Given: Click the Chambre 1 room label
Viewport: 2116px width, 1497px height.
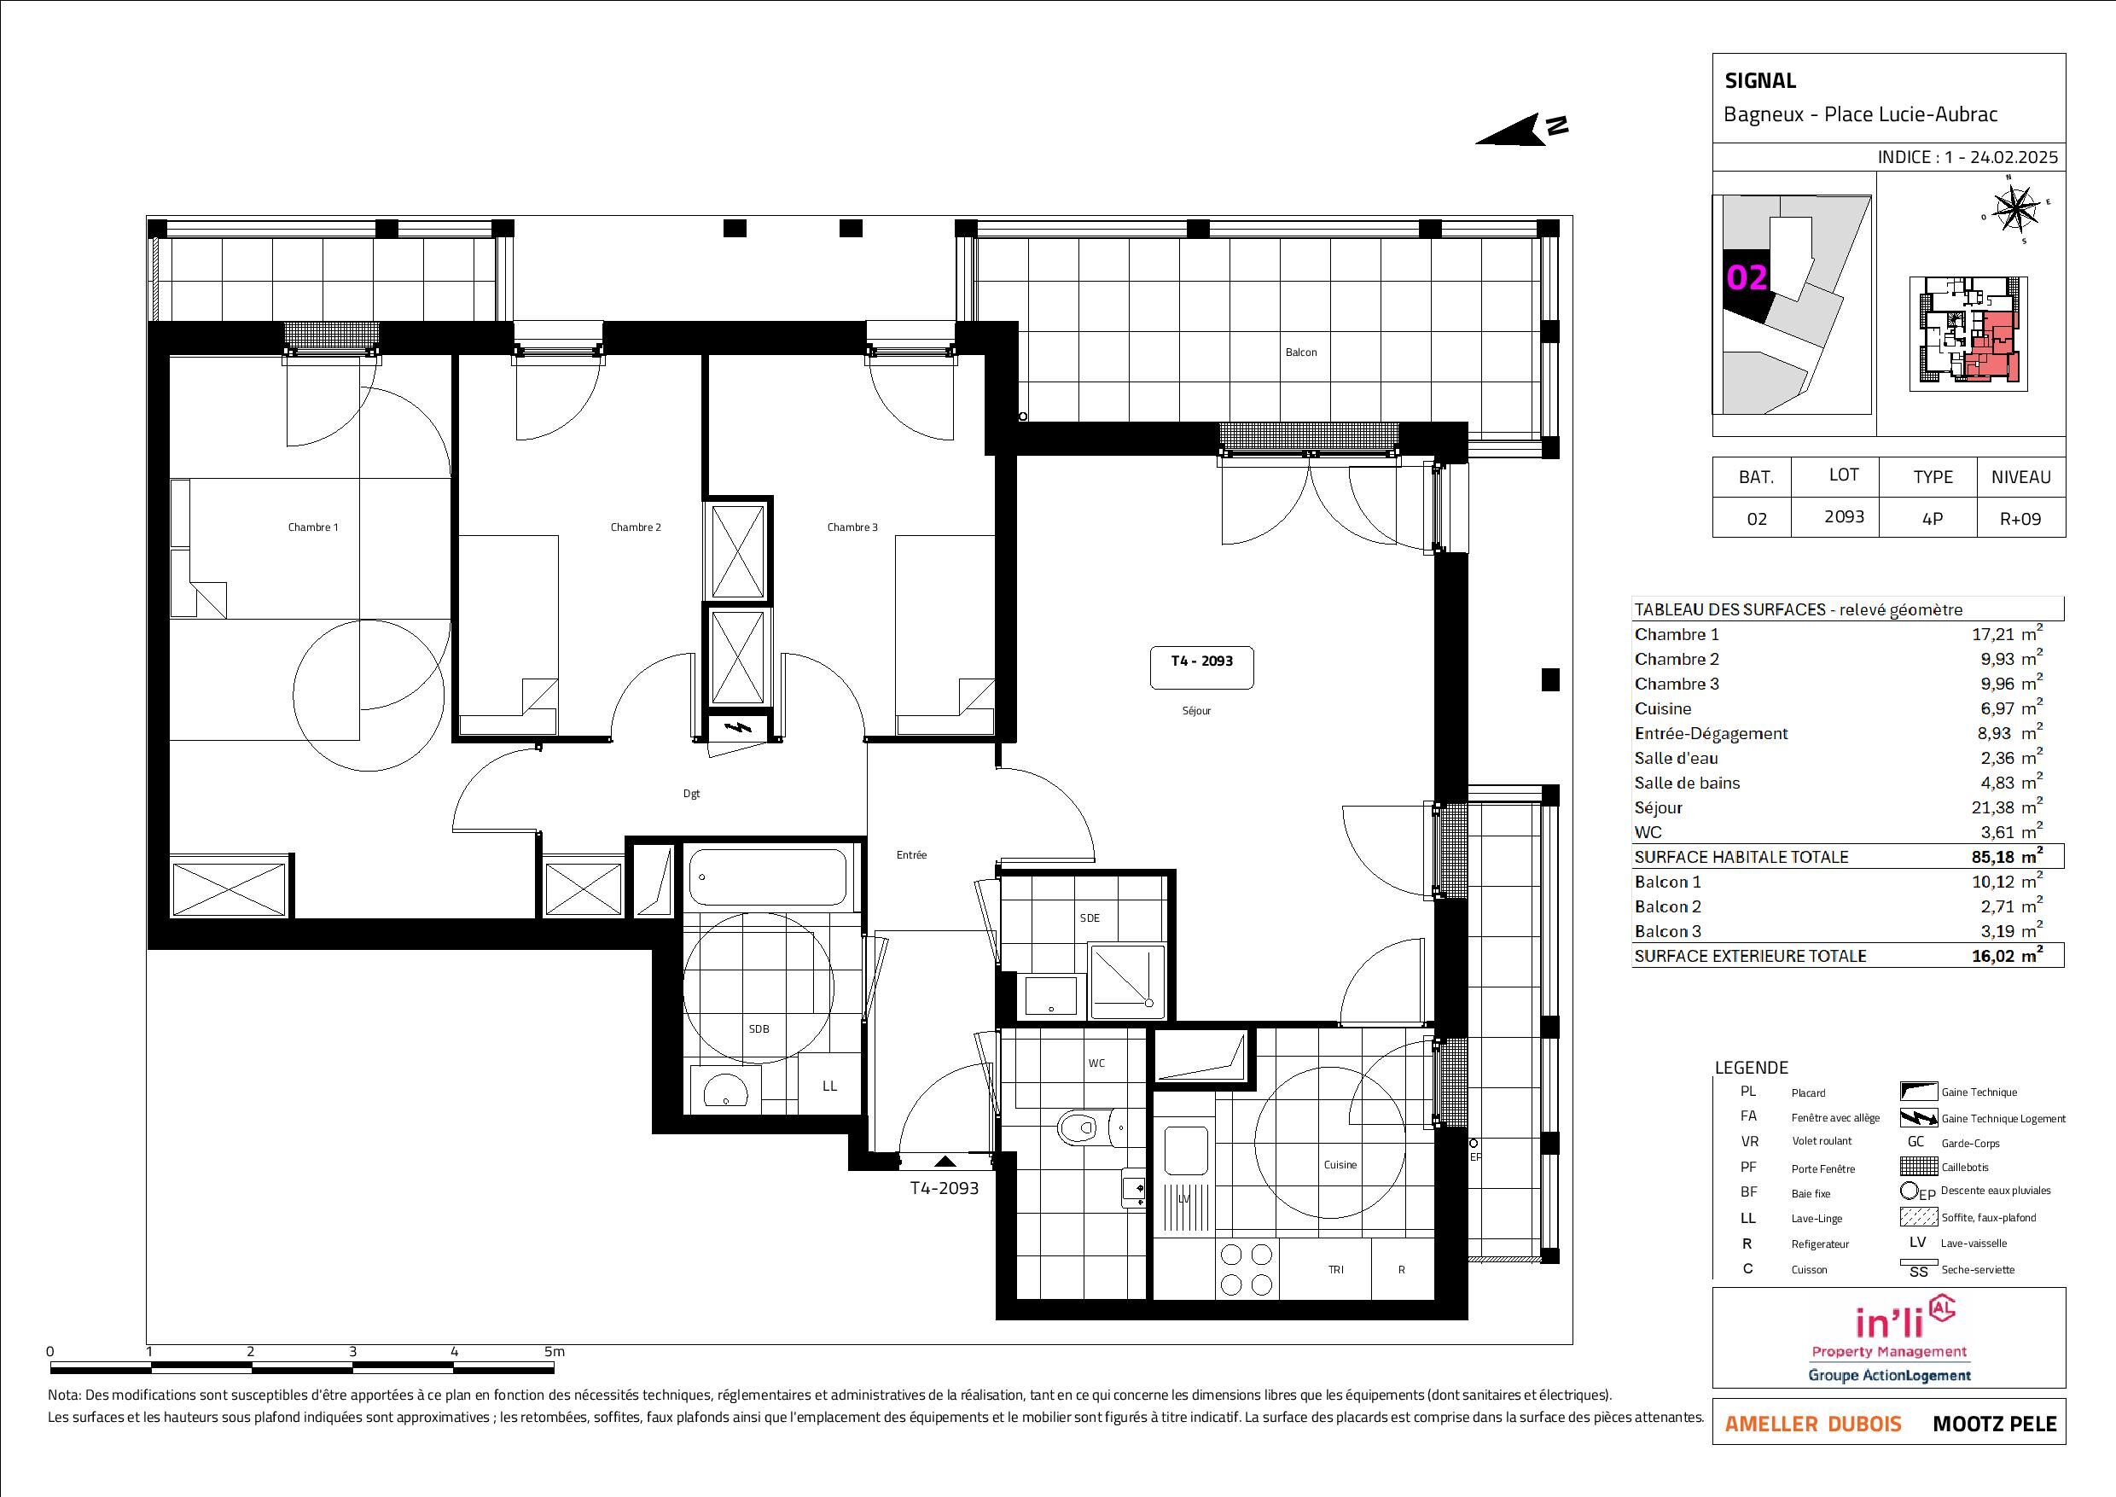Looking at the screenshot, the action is point(313,527).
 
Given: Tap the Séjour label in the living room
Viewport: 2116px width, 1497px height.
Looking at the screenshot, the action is point(1196,711).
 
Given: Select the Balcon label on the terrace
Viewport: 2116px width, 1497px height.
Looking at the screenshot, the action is point(1301,352).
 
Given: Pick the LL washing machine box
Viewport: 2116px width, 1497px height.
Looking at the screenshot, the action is point(829,1086).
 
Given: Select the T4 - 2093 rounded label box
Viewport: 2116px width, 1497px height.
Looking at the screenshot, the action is point(1202,668).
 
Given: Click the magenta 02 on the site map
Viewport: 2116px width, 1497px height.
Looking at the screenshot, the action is point(1747,277).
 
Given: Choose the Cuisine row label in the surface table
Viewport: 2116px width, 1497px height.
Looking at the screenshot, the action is point(1663,709).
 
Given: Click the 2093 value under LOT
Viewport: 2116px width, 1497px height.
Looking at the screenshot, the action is point(1844,516).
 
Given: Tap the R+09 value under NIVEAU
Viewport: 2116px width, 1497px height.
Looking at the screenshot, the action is point(2020,519).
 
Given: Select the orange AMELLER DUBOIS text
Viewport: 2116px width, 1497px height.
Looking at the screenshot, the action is point(1813,1424).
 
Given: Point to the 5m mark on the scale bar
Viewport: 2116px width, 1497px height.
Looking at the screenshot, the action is point(554,1351).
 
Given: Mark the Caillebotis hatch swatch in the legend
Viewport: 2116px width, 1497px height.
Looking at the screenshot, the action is point(1918,1167).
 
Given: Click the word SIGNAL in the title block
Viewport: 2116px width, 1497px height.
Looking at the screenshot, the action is point(1760,81).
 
